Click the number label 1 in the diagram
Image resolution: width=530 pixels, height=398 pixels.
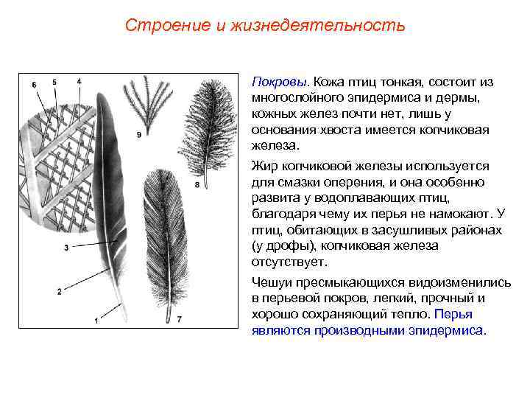(x=96, y=321)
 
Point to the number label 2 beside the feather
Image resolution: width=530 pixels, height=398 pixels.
(x=59, y=293)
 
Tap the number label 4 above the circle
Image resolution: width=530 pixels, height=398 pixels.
(x=79, y=80)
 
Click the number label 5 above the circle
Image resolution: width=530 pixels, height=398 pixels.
(x=54, y=82)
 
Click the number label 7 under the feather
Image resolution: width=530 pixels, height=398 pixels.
(x=178, y=319)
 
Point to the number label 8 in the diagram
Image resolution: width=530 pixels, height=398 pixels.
(x=197, y=184)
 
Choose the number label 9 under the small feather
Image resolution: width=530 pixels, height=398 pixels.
(x=139, y=133)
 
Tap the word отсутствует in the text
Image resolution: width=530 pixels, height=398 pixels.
(x=289, y=262)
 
